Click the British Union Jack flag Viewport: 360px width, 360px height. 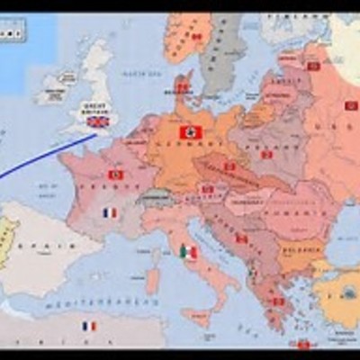[x=96, y=121]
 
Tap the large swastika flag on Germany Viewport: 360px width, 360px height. [x=191, y=132]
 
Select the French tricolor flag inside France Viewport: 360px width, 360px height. [x=110, y=212]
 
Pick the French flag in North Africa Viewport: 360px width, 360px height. [x=89, y=326]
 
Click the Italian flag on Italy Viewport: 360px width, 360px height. [x=188, y=252]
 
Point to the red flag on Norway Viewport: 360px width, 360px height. [x=195, y=37]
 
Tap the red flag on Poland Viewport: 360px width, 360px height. [x=266, y=154]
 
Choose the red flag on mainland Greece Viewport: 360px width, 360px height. [x=278, y=301]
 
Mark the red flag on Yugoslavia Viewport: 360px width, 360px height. [x=241, y=238]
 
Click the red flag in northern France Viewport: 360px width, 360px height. [x=114, y=174]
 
